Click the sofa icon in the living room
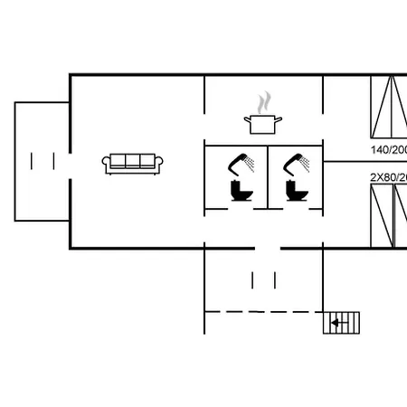pos(133,163)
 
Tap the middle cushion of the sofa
pos(133,161)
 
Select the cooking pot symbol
pos(262,123)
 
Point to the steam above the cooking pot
pos(263,100)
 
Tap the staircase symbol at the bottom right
pos(342,322)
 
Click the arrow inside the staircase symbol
pos(339,322)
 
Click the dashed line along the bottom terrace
pos(262,312)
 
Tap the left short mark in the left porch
pos(33,161)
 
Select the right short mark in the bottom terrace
pos(273,279)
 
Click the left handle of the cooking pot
pos(245,118)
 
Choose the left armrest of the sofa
pos(106,164)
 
